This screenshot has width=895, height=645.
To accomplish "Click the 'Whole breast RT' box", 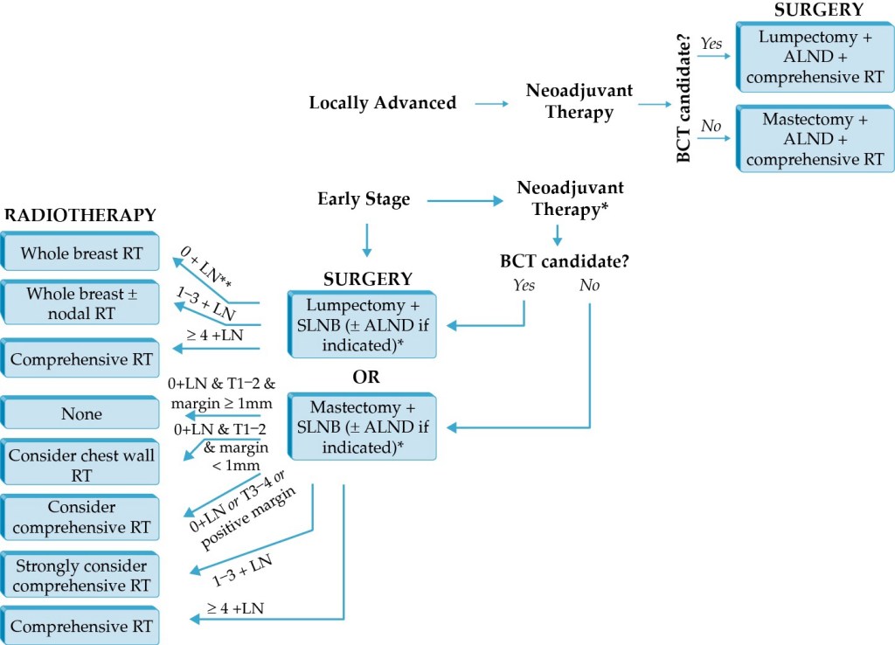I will pyautogui.click(x=80, y=253).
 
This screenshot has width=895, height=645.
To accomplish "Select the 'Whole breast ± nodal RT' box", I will pyautogui.click(x=80, y=302).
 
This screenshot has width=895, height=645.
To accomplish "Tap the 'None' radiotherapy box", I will pyautogui.click(x=80, y=413).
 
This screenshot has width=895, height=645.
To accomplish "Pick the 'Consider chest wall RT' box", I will pyautogui.click(x=80, y=465).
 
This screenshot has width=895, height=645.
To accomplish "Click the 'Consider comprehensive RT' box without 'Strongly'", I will pyautogui.click(x=80, y=517).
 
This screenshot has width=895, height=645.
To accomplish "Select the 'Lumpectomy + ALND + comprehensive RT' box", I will pyautogui.click(x=815, y=58).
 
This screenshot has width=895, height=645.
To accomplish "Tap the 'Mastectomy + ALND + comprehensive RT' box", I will pyautogui.click(x=815, y=139).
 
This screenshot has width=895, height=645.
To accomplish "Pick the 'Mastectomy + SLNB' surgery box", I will pyautogui.click(x=362, y=427).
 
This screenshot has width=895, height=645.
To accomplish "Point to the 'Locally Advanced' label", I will pyautogui.click(x=383, y=103).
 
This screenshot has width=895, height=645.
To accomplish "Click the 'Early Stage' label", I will pyautogui.click(x=364, y=199).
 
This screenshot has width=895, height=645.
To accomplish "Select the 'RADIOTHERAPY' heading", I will pyautogui.click(x=81, y=215).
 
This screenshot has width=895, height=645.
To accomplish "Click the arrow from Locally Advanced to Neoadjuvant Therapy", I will pyautogui.click(x=492, y=104).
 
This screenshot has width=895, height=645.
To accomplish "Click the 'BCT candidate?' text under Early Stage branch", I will pyautogui.click(x=565, y=260).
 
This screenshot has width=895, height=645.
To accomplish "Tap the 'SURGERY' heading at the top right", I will pyautogui.click(x=818, y=10).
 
